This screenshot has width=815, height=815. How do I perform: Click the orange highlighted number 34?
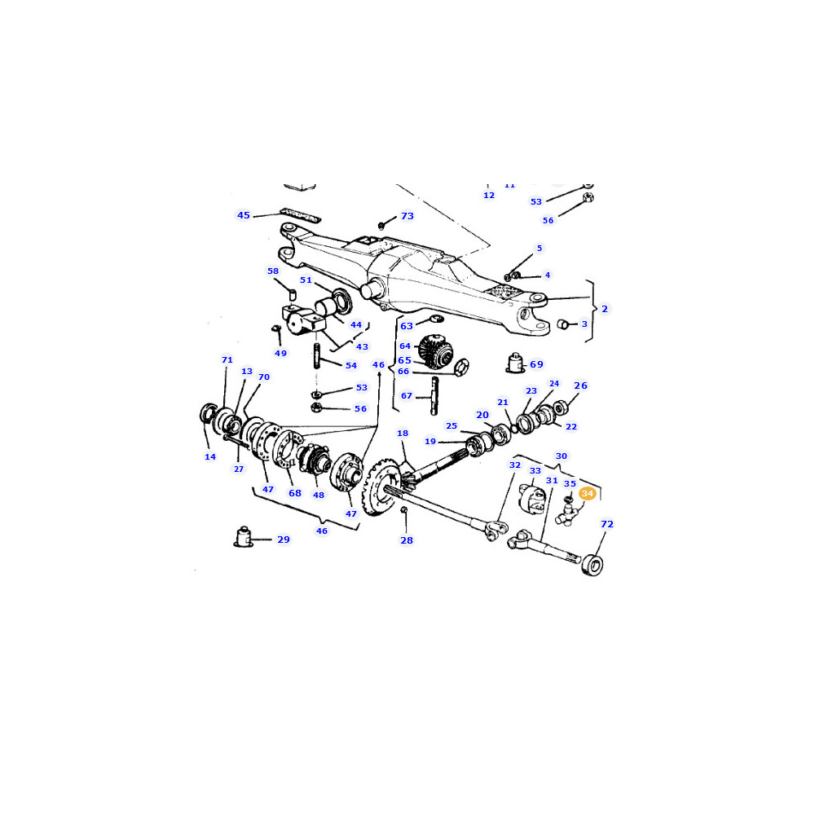pyautogui.click(x=588, y=493)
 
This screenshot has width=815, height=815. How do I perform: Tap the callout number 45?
pyautogui.click(x=243, y=215)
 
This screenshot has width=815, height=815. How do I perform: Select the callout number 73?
pyautogui.click(x=407, y=216)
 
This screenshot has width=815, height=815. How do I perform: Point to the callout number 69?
pyautogui.click(x=536, y=364)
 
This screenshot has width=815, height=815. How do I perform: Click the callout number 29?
pyautogui.click(x=284, y=540)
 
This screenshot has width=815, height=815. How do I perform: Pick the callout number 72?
pyautogui.click(x=607, y=524)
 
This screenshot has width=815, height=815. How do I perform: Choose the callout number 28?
pyautogui.click(x=407, y=540)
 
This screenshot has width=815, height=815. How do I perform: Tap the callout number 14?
pyautogui.click(x=210, y=457)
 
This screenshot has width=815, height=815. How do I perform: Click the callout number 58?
pyautogui.click(x=273, y=271)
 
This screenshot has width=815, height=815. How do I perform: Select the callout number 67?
pyautogui.click(x=407, y=395)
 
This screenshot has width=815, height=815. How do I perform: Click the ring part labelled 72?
pyautogui.click(x=592, y=565)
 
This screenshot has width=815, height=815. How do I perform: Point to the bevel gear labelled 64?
pyautogui.click(x=435, y=350)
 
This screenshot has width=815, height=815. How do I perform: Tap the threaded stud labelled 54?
pyautogui.click(x=316, y=355)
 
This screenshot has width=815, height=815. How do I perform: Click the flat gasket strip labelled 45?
pyautogui.click(x=301, y=214)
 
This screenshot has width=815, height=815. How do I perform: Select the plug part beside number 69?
pyautogui.click(x=515, y=363)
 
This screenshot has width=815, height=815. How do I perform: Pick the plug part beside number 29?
pyautogui.click(x=243, y=537)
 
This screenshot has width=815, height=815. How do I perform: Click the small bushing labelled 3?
pyautogui.click(x=562, y=324)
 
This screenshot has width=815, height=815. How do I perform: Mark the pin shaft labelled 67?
pyautogui.click(x=434, y=395)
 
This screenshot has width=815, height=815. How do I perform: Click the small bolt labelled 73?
pyautogui.click(x=381, y=226)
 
